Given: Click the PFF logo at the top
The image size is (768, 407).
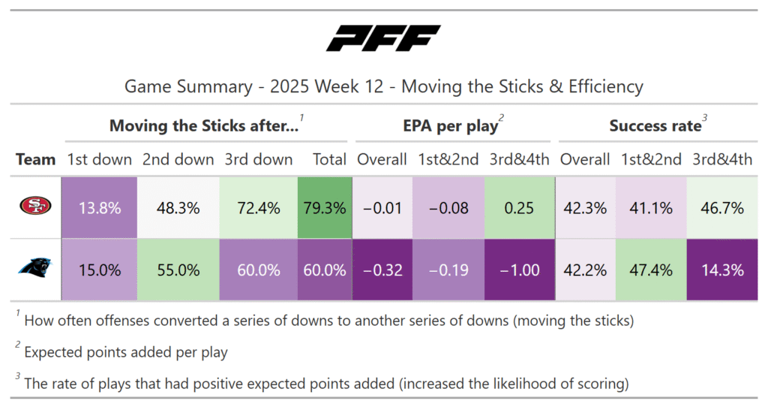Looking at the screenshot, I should (x=383, y=38).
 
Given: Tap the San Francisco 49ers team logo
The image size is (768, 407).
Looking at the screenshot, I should (x=35, y=207).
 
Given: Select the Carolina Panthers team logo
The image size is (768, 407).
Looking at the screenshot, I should (x=35, y=270).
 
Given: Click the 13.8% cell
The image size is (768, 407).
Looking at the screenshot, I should (x=100, y=208).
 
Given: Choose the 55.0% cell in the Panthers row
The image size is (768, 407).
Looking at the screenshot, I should (x=179, y=270).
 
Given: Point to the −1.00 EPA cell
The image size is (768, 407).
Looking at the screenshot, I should (x=519, y=270).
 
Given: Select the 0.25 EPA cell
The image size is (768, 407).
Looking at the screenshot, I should (x=519, y=208).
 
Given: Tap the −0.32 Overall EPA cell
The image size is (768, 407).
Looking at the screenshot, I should (x=381, y=270).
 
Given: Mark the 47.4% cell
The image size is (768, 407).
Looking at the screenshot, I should (x=651, y=270).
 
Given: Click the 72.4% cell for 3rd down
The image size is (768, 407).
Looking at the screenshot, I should (x=259, y=208).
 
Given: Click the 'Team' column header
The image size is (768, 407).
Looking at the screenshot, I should (x=36, y=159).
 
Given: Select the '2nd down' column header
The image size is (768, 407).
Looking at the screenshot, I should (x=179, y=159).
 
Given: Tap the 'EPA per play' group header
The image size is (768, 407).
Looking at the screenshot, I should (x=448, y=126).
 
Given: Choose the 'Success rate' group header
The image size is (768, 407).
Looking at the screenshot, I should (x=654, y=126).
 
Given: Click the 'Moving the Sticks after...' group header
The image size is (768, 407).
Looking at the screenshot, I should (x=204, y=126).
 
